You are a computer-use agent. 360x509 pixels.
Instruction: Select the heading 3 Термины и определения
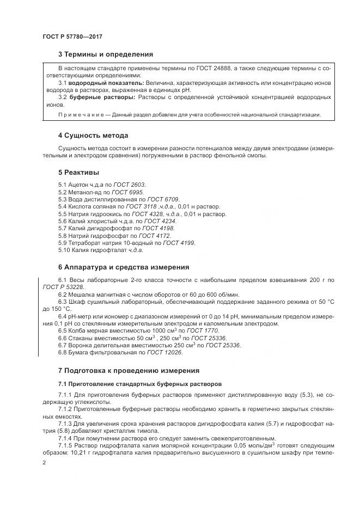pyautogui.click(x=105, y=54)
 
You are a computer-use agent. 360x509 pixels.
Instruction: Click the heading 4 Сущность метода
pyautogui.click(x=93, y=136)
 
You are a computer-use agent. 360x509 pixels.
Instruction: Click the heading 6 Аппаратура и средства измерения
pyautogui.click(x=123, y=267)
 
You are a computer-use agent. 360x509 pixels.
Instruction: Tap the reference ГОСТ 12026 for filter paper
pyautogui.click(x=166, y=352)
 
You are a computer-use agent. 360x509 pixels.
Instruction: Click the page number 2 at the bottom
pyautogui.click(x=44, y=462)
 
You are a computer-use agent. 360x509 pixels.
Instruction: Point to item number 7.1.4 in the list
pyautogui.click(x=65, y=439)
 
